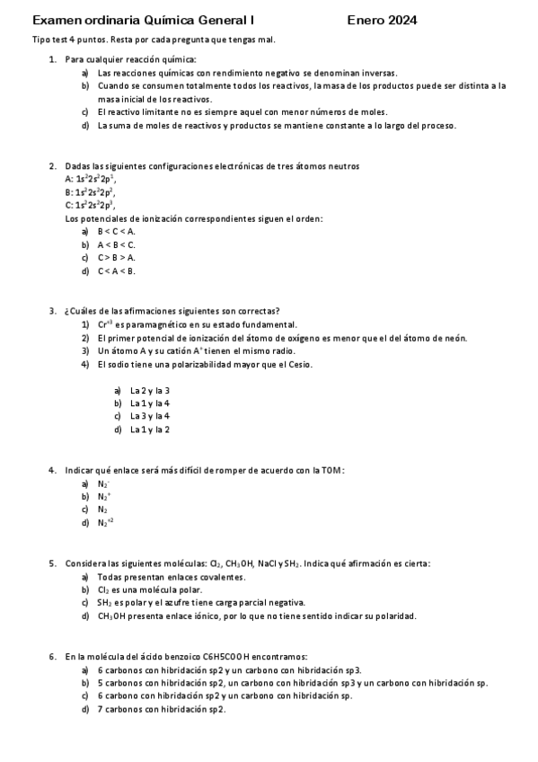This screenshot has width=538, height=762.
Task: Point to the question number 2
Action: click(x=52, y=166)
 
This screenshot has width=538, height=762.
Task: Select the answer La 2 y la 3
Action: click(x=149, y=391)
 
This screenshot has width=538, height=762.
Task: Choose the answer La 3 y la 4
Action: click(x=149, y=417)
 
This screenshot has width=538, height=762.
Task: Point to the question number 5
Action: click(x=52, y=563)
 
